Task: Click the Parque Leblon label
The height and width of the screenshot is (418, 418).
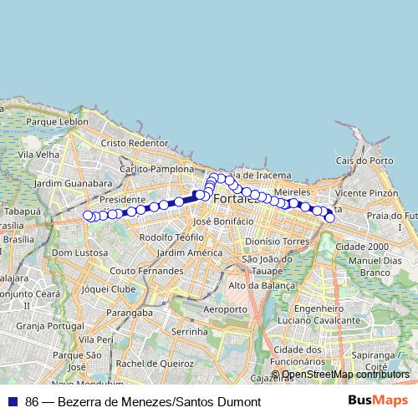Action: tap(57, 121)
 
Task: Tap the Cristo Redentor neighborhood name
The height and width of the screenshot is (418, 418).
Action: tap(134, 143)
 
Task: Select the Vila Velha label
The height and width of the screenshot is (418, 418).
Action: tap(40, 154)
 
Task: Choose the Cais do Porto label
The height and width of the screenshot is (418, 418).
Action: tap(364, 161)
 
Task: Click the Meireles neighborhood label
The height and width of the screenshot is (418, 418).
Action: tap(293, 191)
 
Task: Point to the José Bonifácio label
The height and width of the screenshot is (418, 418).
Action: tap(222, 222)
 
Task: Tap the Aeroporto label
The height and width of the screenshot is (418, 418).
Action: tap(226, 309)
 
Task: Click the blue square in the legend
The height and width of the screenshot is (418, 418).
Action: tap(12, 401)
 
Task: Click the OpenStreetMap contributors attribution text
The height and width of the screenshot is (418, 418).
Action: tap(345, 375)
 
